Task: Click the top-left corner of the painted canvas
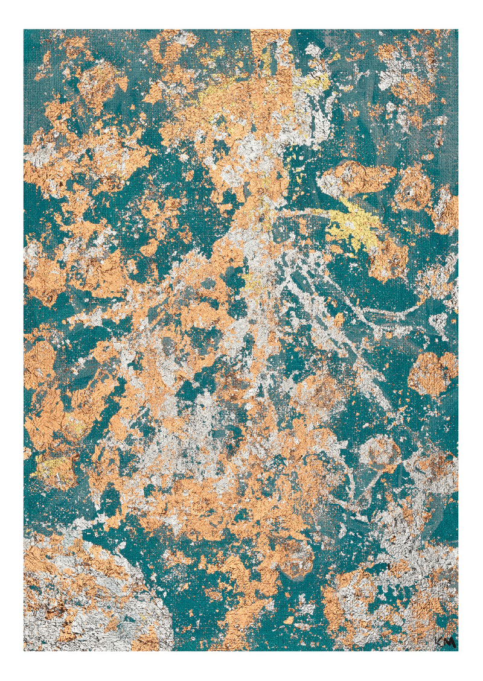coord(24,30)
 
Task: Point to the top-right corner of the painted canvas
coord(458,30)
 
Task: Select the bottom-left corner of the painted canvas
coord(24,650)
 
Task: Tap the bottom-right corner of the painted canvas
coord(458,650)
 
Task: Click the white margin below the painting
coord(241,666)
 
